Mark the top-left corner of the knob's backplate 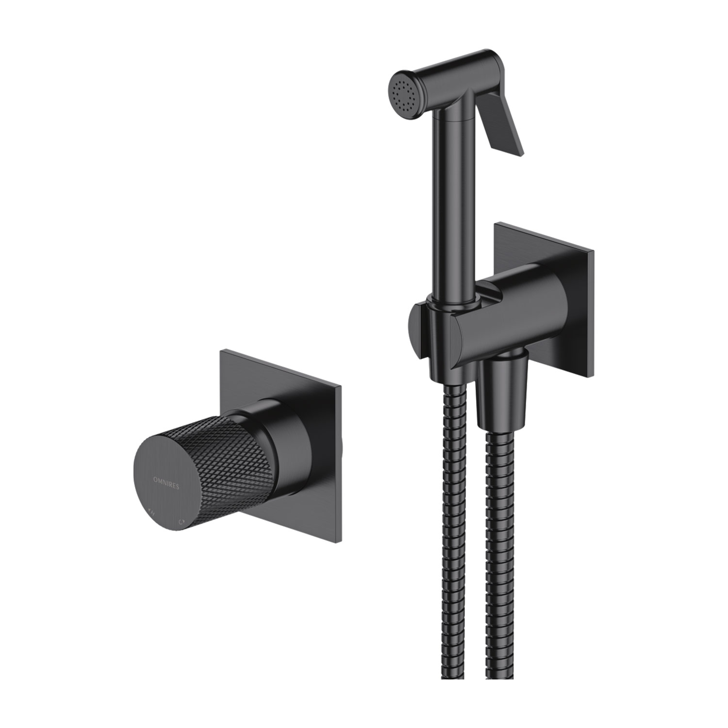pyautogui.click(x=222, y=350)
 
